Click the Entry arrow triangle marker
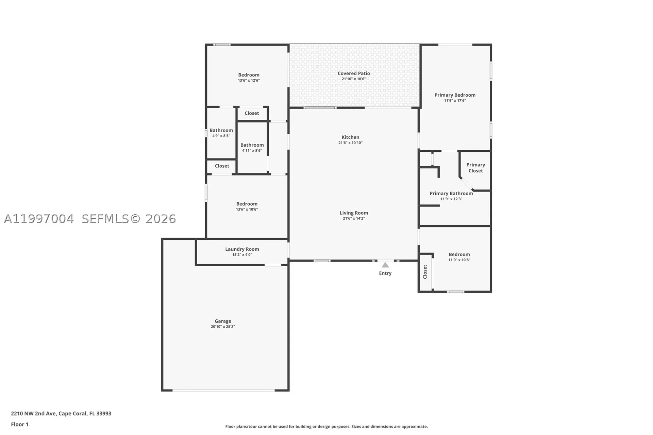(385, 265)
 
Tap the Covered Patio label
(354, 73)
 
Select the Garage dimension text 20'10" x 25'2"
(223, 327)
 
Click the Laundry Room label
(242, 249)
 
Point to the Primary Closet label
(475, 168)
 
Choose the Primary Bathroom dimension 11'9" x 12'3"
(451, 199)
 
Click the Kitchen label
(350, 137)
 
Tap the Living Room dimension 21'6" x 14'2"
(354, 218)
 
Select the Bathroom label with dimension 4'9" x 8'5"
(221, 130)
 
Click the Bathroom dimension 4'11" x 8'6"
(252, 150)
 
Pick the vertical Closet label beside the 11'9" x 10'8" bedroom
(425, 272)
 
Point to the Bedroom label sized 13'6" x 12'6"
(249, 75)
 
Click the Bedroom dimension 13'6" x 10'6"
(247, 209)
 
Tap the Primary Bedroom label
(455, 95)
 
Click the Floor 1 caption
(20, 424)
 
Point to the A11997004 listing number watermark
(38, 219)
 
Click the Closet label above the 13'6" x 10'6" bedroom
(222, 166)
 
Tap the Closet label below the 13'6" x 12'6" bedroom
(252, 113)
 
